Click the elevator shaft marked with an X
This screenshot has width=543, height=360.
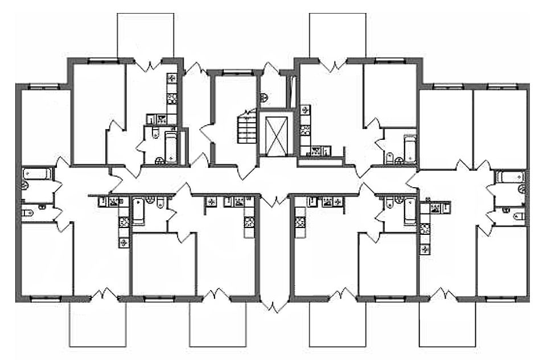point(275,135)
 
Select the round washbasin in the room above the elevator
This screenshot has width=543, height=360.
point(262,96)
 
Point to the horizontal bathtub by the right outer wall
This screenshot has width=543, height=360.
point(508,176)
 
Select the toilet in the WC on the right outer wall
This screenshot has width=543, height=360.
point(516,216)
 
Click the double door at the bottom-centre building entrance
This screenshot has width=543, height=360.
point(275,306)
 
